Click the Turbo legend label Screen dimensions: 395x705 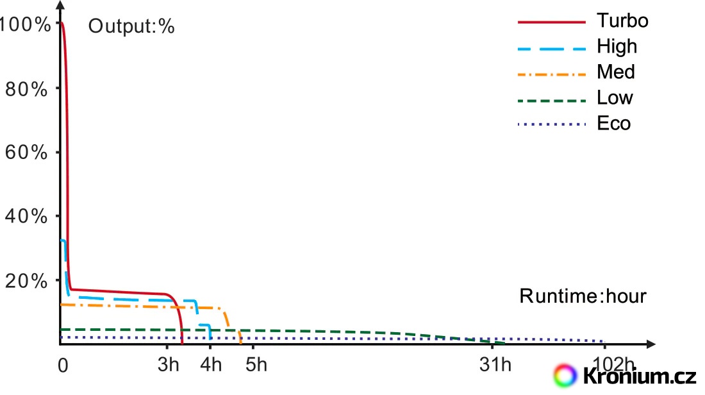[622, 21]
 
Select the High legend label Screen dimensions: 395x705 [617, 46]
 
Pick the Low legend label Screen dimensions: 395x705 [615, 97]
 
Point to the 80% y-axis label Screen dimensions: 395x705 [26, 89]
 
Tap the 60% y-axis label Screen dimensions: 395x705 [26, 153]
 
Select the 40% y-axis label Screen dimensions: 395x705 [26, 217]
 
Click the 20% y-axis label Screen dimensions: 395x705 [26, 281]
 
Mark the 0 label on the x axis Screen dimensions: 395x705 [62, 366]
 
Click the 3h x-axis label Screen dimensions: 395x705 [169, 366]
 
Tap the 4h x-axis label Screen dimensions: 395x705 [211, 366]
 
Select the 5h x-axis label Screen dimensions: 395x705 [256, 366]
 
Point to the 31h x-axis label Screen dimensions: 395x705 [496, 366]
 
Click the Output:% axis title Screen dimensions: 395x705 [131, 27]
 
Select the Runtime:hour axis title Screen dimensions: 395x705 [583, 296]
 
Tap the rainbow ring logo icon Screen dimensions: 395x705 [566, 374]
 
